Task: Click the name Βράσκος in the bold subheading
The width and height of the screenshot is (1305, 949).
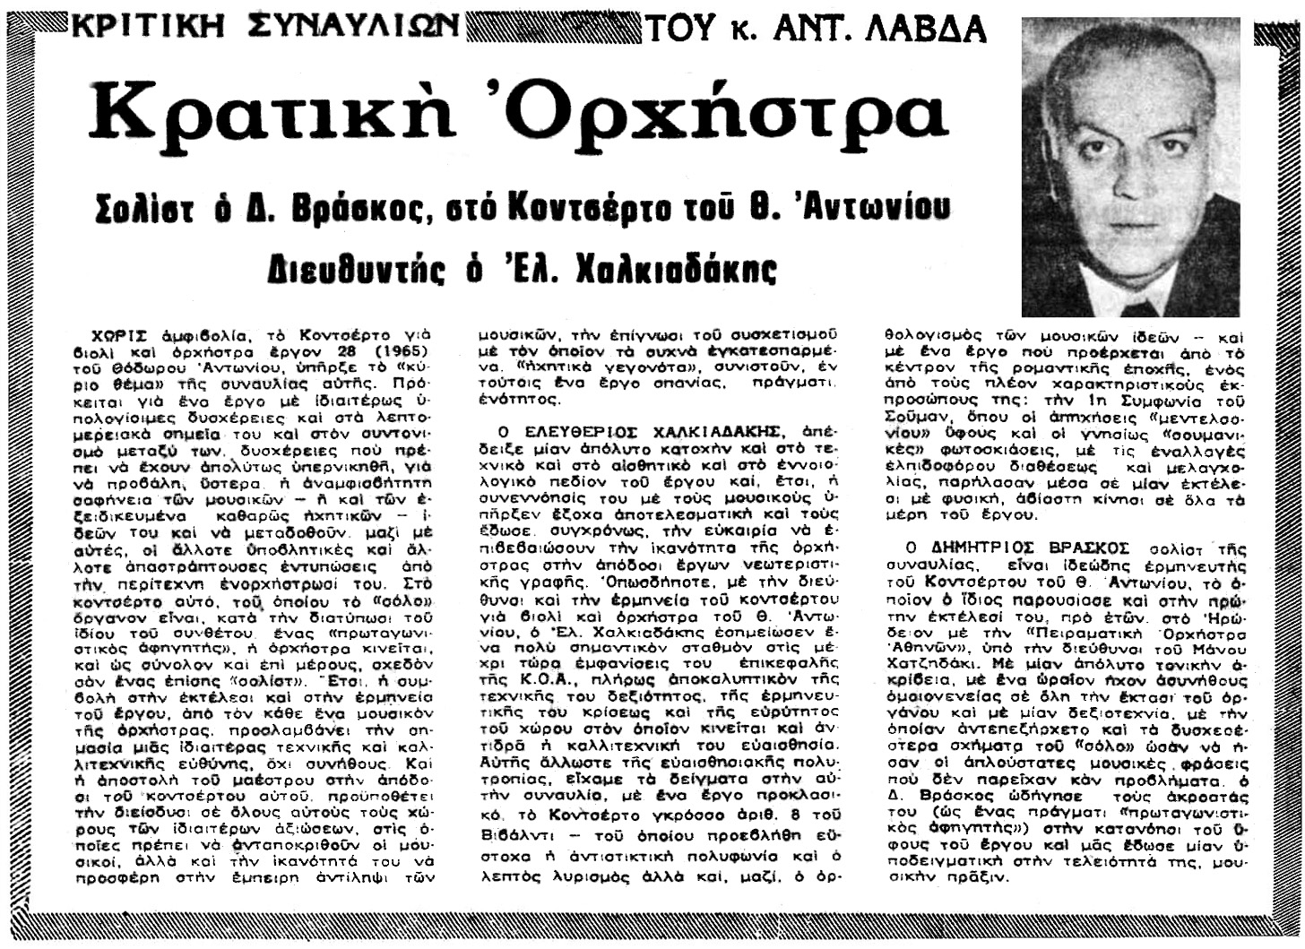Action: coord(340,211)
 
